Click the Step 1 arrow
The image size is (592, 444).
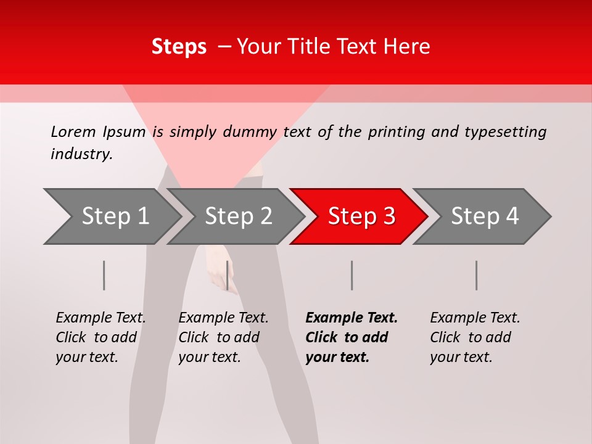point(114,216)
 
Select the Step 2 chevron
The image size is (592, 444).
point(237,216)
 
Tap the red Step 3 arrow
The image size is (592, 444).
point(361,216)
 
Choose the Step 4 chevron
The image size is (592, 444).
point(484,216)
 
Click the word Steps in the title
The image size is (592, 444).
point(179,46)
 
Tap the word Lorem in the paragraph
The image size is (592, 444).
point(73,131)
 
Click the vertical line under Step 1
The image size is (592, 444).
point(104,275)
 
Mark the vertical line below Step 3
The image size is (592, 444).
point(352,275)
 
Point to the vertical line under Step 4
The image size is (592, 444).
point(477,275)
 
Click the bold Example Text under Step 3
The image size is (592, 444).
point(351,318)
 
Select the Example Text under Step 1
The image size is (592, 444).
point(101,318)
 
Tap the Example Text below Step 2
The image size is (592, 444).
point(223,318)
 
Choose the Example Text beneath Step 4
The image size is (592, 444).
point(475,318)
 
